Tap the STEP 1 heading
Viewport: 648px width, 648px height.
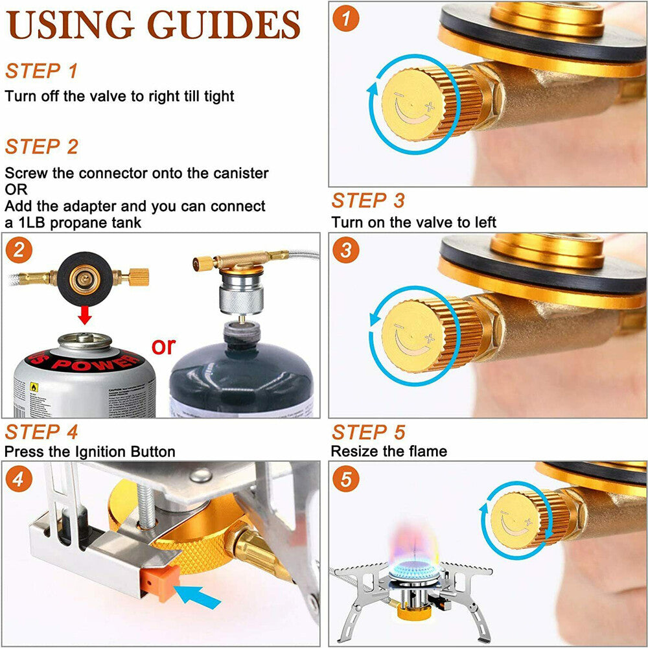[x=41, y=71]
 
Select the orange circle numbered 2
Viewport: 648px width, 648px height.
[x=18, y=249]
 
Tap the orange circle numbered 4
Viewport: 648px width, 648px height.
[x=19, y=480]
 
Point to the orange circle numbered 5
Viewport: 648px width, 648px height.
[x=346, y=480]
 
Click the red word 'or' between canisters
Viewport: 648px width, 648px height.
[x=163, y=346]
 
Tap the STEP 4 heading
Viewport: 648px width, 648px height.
[x=41, y=432]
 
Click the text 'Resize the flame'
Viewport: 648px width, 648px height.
[x=389, y=450]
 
